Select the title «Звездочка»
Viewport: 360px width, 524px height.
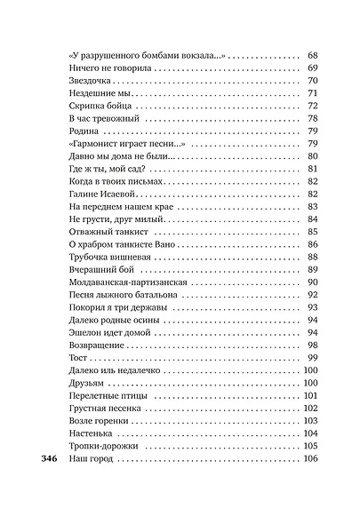pyautogui.click(x=92, y=81)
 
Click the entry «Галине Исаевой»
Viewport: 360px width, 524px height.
pyautogui.click(x=101, y=194)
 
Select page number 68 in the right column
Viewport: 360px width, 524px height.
pyautogui.click(x=312, y=55)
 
